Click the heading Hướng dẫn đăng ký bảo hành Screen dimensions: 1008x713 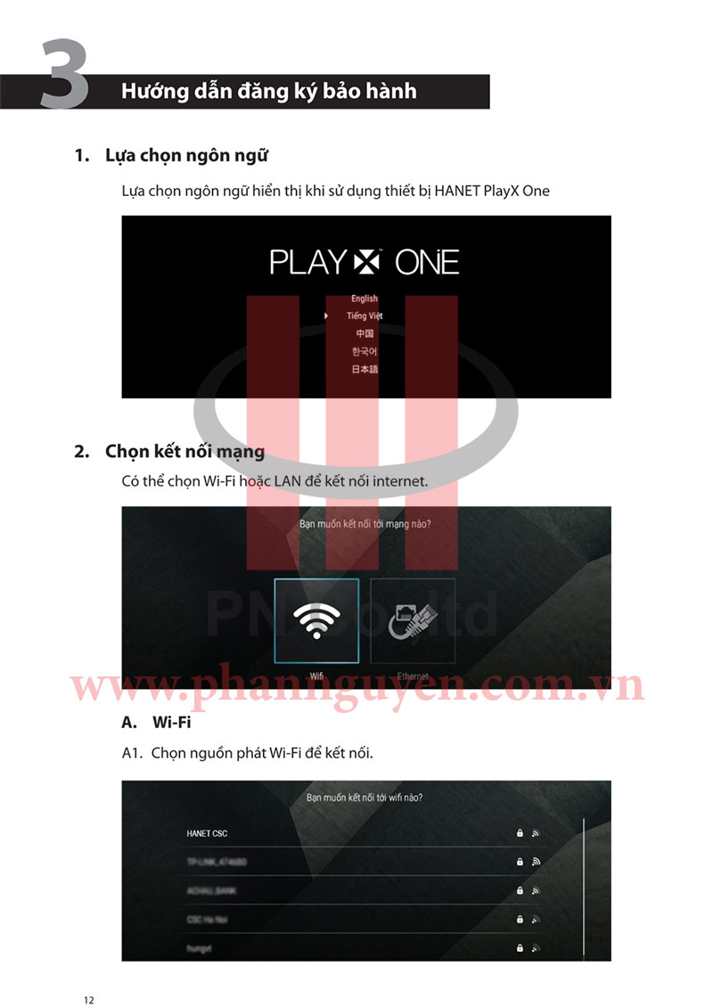pyautogui.click(x=268, y=91)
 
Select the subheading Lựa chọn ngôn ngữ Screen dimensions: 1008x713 pyautogui.click(x=186, y=155)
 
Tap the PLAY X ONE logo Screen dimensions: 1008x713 pyautogui.click(x=365, y=262)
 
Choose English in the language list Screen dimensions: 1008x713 pyautogui.click(x=365, y=299)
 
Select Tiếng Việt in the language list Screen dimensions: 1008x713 pyautogui.click(x=365, y=316)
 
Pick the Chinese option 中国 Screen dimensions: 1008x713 pyautogui.click(x=365, y=333)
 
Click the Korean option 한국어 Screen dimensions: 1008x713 pyautogui.click(x=365, y=351)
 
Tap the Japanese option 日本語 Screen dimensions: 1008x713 pyautogui.click(x=365, y=369)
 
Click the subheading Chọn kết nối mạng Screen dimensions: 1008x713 pyautogui.click(x=184, y=452)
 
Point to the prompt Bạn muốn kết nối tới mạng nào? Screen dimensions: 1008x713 pyautogui.click(x=365, y=524)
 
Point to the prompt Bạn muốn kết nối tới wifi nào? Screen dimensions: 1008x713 pyautogui.click(x=365, y=798)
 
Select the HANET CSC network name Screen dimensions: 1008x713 pyautogui.click(x=207, y=833)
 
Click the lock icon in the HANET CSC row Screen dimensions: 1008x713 pyautogui.click(x=520, y=833)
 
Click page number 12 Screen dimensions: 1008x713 pyautogui.click(x=88, y=1000)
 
